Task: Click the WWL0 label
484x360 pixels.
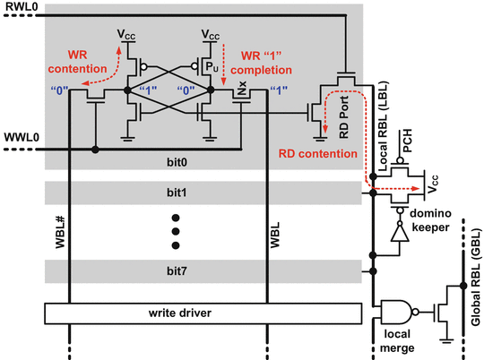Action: coord(21,137)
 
